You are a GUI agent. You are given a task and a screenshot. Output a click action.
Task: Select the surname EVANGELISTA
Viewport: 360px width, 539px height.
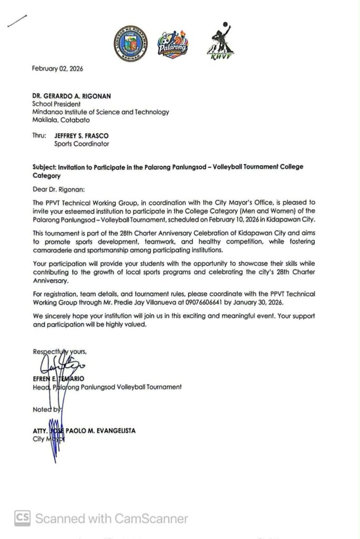[111, 431]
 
